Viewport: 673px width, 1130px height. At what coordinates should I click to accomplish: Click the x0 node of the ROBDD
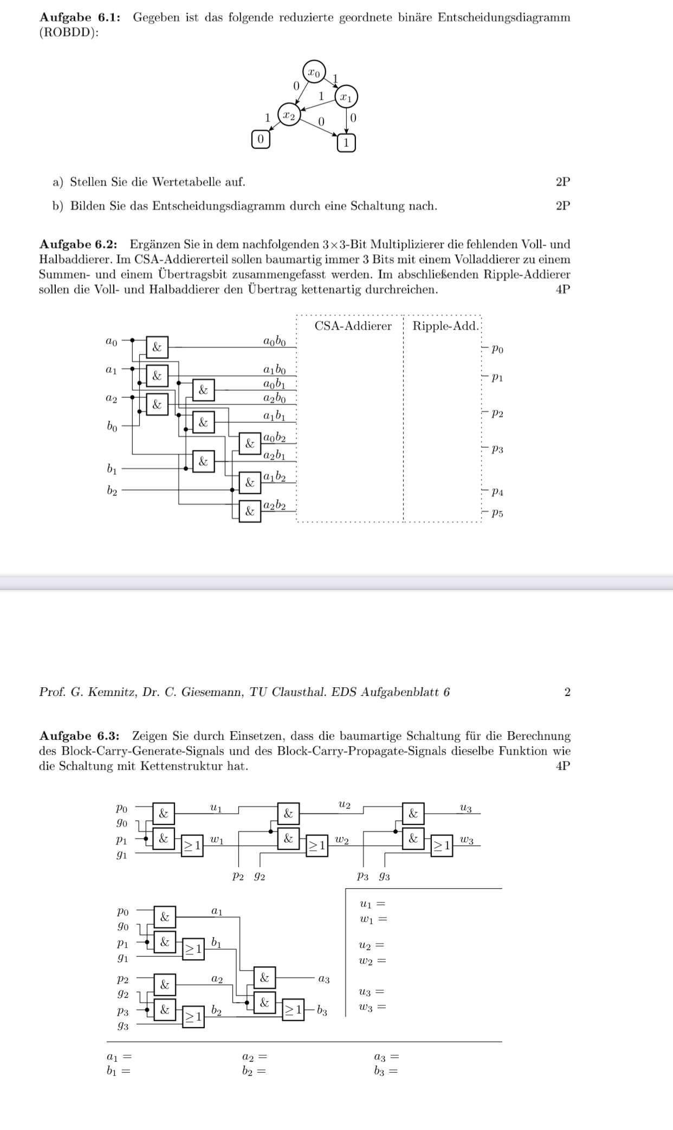[x=314, y=72]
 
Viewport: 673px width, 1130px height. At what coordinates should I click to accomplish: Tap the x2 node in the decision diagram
[x=290, y=116]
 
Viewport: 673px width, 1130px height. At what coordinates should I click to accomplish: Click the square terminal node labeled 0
[x=260, y=139]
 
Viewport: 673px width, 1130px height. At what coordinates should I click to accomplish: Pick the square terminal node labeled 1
[x=346, y=143]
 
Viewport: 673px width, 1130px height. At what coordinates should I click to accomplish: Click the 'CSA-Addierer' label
[x=353, y=326]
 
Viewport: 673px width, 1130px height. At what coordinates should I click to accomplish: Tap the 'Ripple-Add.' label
[x=445, y=326]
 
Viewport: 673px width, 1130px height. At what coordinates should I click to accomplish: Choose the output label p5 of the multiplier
[x=497, y=513]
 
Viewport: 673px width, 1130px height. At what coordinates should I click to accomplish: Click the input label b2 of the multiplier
[x=112, y=491]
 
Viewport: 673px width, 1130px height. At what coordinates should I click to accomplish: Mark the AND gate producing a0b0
[x=157, y=347]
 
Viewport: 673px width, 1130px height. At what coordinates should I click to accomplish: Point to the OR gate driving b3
[x=293, y=1010]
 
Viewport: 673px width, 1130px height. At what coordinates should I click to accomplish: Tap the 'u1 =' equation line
[x=372, y=904]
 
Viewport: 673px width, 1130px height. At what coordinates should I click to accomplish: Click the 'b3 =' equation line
[x=386, y=1071]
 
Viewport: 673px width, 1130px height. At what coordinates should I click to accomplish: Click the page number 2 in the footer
[x=567, y=692]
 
